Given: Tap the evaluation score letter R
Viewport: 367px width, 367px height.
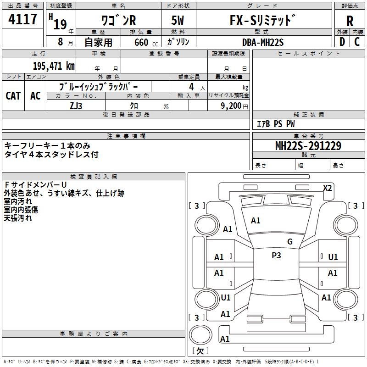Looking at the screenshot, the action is (350, 21).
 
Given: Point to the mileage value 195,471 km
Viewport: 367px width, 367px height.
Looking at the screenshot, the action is (54, 66).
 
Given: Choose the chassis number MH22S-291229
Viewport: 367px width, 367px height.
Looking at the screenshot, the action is (308, 146).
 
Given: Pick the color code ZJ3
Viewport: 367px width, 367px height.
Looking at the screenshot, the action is (76, 105).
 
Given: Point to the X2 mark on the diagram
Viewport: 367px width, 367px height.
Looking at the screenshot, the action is (327, 188).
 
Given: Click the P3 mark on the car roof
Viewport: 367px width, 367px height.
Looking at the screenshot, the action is (276, 256).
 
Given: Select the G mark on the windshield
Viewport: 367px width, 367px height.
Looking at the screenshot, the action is (289, 242).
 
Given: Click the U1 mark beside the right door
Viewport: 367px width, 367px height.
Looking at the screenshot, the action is (333, 257).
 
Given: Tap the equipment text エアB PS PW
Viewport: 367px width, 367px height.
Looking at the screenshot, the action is (275, 124).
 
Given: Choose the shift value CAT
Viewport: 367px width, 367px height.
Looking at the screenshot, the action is (13, 95).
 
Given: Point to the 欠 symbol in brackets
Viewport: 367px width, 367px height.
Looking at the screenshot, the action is (200, 351).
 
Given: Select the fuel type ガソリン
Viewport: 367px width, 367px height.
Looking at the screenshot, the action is (178, 42).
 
